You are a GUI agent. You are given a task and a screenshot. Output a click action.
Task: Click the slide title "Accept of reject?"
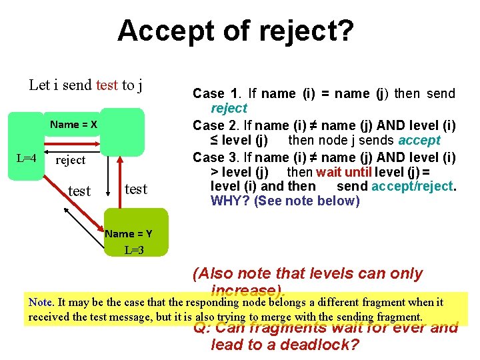click(x=236, y=31)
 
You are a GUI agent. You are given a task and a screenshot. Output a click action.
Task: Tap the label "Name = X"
click(x=73, y=125)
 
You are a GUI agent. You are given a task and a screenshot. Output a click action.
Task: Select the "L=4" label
click(x=27, y=159)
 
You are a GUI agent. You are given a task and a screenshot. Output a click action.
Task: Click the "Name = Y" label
click(x=129, y=233)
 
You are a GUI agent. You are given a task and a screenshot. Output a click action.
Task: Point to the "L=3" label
click(x=135, y=251)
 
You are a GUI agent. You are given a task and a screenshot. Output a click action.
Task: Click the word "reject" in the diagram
click(x=71, y=160)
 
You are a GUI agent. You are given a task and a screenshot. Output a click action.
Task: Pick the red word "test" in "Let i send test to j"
click(x=107, y=85)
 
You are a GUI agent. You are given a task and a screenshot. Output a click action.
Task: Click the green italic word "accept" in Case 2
click(x=419, y=140)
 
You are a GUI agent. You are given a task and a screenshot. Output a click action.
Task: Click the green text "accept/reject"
click(x=412, y=186)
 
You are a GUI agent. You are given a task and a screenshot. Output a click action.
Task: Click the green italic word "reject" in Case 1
click(x=229, y=108)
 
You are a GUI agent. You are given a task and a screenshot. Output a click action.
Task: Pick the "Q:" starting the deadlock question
click(x=202, y=328)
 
